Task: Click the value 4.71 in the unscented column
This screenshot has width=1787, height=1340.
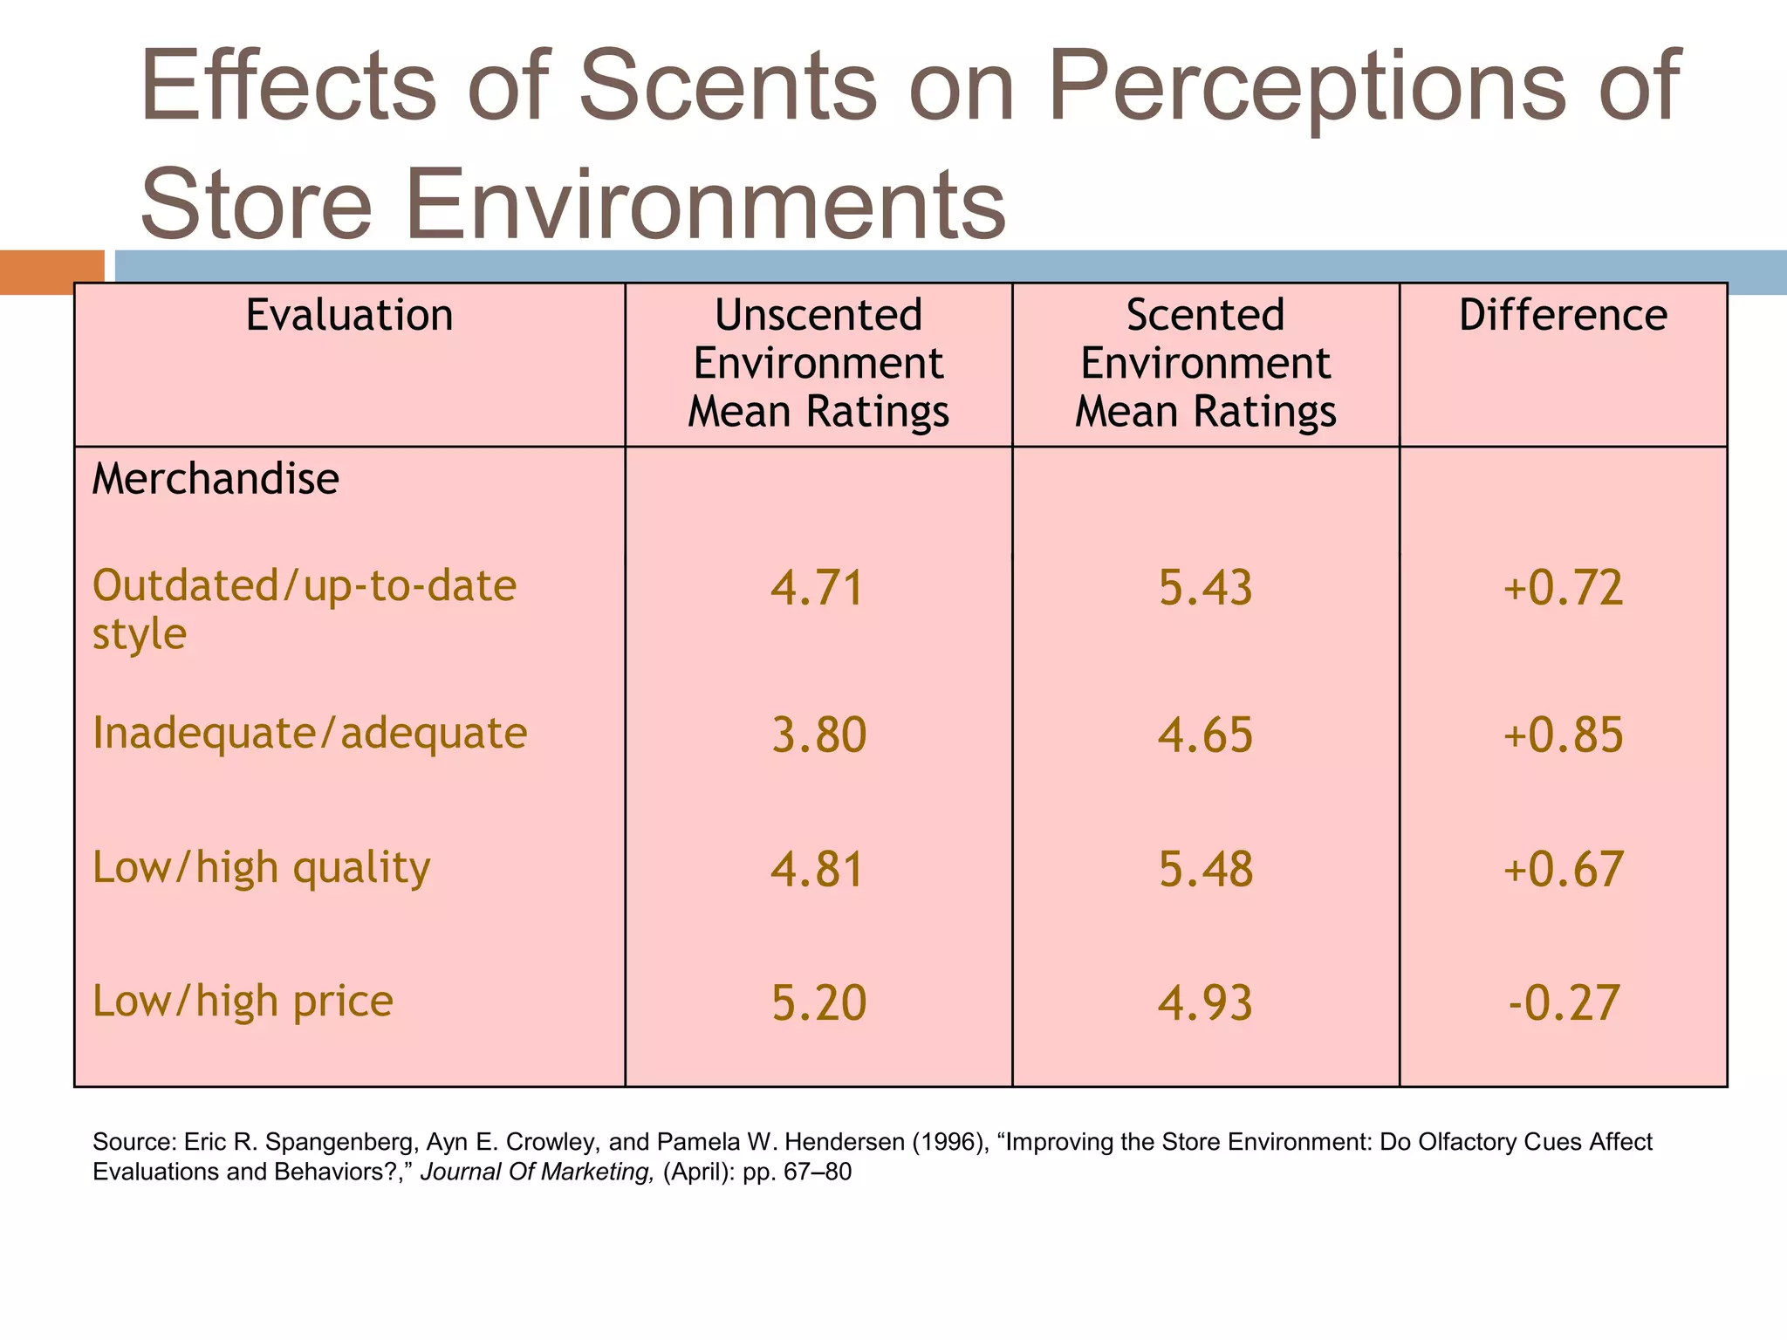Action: coord(818,587)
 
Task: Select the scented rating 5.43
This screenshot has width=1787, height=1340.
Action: coord(1205,587)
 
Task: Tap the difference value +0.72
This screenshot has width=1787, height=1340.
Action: coord(1563,587)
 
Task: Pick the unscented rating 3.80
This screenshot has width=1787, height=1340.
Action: coord(818,735)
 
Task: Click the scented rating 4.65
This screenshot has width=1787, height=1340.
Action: coord(1205,735)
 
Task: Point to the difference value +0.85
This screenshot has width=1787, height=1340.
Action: coord(1563,735)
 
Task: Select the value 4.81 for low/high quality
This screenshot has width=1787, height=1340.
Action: coord(818,869)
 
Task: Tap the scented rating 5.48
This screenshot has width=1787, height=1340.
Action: coord(1205,869)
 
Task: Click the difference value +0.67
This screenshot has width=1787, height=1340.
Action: coord(1563,869)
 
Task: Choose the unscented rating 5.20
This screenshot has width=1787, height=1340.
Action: coord(818,1002)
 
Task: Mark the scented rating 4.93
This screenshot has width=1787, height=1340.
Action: coord(1205,1002)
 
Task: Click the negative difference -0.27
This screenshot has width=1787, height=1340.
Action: coord(1563,1002)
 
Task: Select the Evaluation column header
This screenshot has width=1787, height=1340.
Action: coord(349,315)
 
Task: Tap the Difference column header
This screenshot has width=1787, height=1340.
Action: coord(1563,315)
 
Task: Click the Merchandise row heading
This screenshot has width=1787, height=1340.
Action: coord(216,479)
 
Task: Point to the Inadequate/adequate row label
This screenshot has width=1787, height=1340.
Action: coord(310,733)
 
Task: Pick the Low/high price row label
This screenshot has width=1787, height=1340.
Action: coord(243,1001)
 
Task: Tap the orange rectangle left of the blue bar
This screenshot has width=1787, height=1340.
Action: coord(51,271)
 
